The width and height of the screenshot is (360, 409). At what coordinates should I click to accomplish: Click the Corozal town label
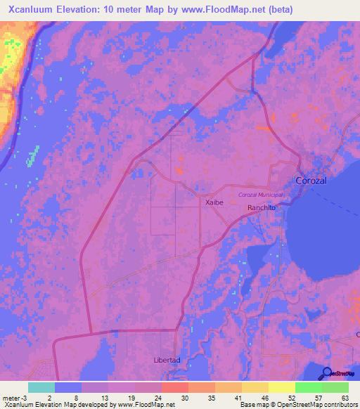point(311,181)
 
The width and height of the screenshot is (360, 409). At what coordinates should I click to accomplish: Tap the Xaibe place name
point(214,202)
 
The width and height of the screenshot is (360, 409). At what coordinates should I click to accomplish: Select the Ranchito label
point(261,208)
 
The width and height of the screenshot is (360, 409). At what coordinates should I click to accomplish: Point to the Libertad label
point(167,360)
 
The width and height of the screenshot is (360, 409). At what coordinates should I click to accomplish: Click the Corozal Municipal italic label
point(261,194)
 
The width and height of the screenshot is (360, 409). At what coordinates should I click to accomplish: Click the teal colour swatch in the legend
point(41,387)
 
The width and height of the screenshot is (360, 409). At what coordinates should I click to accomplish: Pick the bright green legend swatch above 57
point(309,387)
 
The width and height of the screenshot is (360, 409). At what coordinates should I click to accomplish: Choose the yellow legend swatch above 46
point(255,387)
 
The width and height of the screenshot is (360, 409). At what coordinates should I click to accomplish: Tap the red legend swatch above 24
point(175,387)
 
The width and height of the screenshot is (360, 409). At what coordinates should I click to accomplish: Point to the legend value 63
point(344,398)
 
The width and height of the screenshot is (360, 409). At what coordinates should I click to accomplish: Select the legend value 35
point(210,398)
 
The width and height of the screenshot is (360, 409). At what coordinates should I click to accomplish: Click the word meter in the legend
point(11,398)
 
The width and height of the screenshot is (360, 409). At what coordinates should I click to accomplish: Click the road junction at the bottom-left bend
point(91,332)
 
